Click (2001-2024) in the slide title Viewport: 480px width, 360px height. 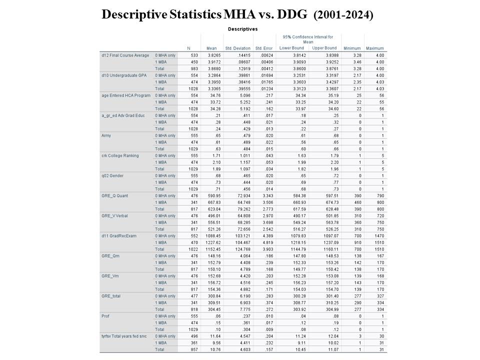343,15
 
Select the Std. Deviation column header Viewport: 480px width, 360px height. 237,48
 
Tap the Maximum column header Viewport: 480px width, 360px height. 374,48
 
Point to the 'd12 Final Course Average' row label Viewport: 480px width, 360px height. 125,55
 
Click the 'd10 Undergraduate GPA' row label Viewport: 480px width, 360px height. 123,75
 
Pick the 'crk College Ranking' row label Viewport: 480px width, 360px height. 120,155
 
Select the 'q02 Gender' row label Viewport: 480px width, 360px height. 114,175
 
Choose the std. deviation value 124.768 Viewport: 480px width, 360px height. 239,249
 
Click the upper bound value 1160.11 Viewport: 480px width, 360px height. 325,249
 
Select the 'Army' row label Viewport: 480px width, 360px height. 106,135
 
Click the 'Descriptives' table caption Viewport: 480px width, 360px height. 242,29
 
